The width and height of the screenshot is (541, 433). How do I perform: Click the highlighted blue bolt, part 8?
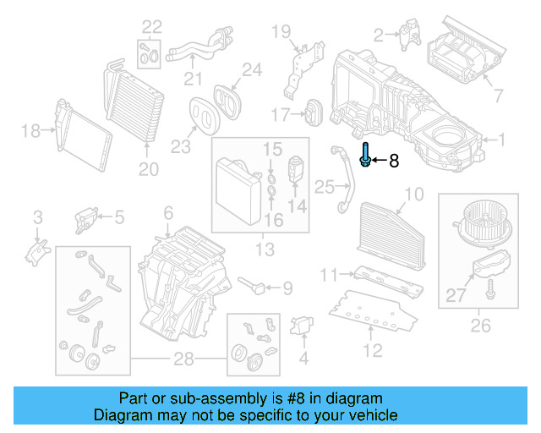click(x=364, y=156)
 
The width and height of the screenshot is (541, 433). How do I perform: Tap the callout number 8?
click(x=394, y=160)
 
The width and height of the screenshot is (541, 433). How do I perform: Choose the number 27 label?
click(x=456, y=294)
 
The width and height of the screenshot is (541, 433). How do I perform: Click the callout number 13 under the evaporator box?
click(x=265, y=249)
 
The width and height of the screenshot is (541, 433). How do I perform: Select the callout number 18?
click(x=30, y=130)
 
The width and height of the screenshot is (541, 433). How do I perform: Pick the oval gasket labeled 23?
click(x=203, y=115)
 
